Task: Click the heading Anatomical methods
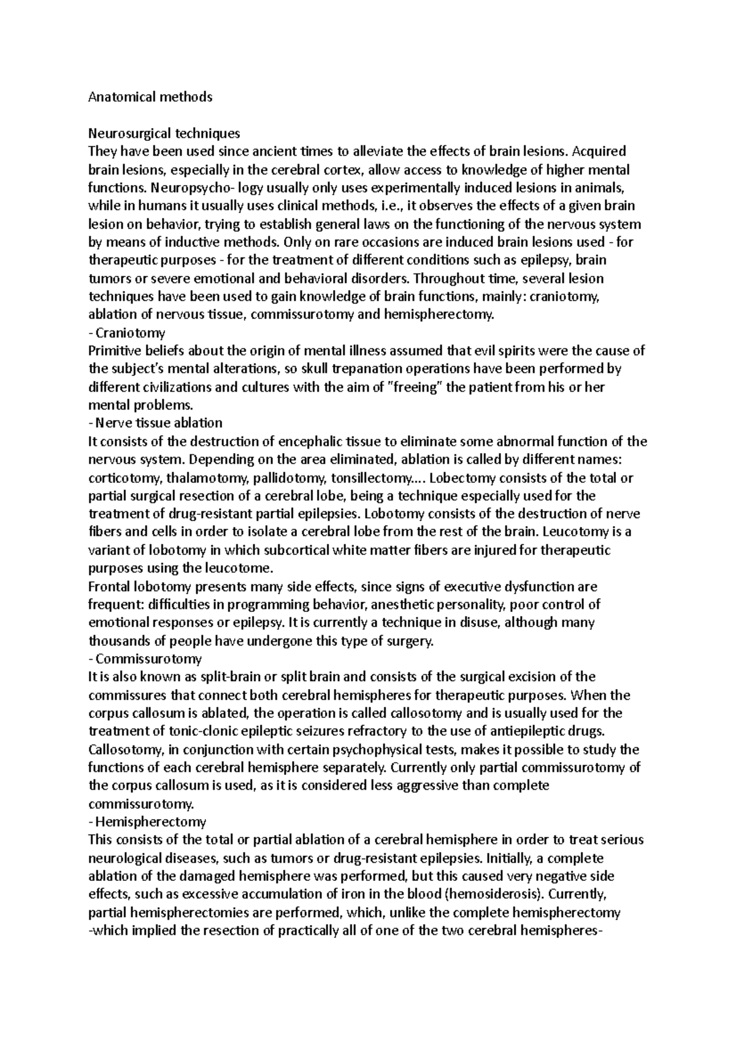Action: click(150, 97)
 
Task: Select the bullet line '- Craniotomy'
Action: click(127, 333)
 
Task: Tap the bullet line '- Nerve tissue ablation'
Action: click(155, 423)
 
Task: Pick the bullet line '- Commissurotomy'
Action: click(145, 659)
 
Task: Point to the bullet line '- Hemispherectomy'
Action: click(147, 822)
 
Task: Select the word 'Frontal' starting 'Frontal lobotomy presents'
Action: click(107, 587)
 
